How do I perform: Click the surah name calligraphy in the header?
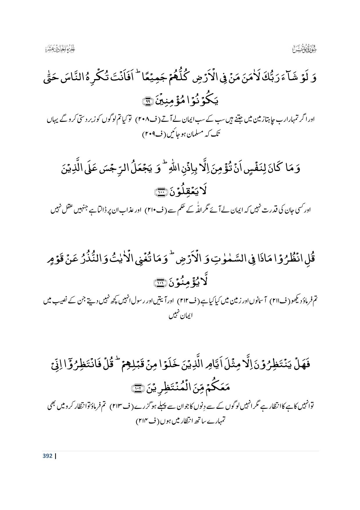click(x=303, y=50)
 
